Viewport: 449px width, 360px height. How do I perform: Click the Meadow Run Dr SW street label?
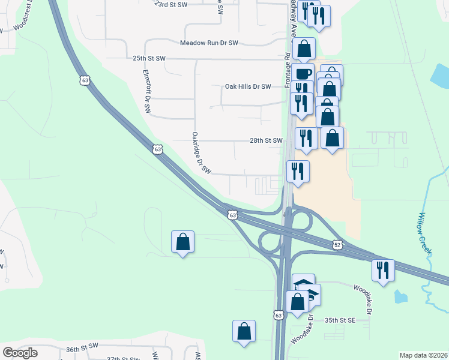209,43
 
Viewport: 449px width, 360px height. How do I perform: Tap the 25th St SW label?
149,59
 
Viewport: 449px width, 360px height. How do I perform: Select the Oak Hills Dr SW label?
248,86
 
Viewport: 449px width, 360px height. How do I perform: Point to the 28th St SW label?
266,140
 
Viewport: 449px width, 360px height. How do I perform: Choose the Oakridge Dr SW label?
202,153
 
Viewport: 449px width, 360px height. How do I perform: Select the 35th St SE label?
340,320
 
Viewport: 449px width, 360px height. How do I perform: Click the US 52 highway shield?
338,244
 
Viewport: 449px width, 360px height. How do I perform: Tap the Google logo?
20,353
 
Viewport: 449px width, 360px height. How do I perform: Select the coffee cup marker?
304,74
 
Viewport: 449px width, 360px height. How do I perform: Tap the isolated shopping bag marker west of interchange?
182,242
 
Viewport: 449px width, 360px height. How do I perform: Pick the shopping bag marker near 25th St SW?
305,49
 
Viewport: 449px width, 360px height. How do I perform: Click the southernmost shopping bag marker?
244,331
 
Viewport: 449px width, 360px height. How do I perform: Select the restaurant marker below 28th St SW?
298,171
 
